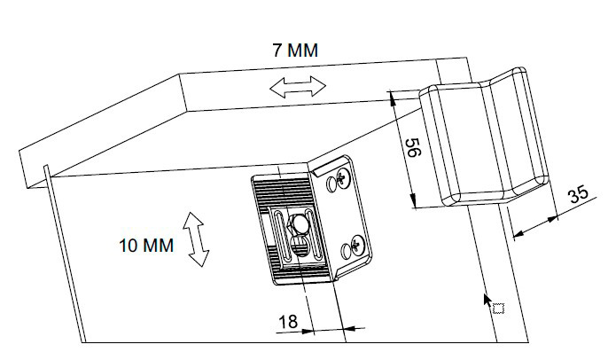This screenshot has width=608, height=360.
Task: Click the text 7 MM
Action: tap(294, 50)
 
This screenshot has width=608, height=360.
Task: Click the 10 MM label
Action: tap(146, 244)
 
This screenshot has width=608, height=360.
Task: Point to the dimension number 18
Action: tap(288, 321)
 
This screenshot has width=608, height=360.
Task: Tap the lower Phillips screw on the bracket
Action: tap(356, 246)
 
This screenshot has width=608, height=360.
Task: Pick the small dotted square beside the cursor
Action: tap(498, 308)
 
